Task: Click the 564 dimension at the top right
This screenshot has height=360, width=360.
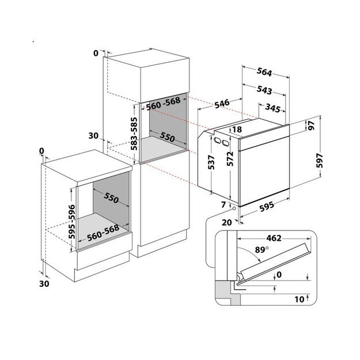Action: (264, 73)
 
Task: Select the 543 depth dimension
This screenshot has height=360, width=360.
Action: (264, 90)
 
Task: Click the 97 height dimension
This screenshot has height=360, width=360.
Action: (311, 127)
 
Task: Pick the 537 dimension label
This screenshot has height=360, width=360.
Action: (211, 164)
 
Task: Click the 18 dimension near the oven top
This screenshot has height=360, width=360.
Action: (237, 130)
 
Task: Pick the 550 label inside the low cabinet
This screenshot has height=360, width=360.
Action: (111, 198)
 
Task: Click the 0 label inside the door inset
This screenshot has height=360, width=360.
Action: (278, 275)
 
